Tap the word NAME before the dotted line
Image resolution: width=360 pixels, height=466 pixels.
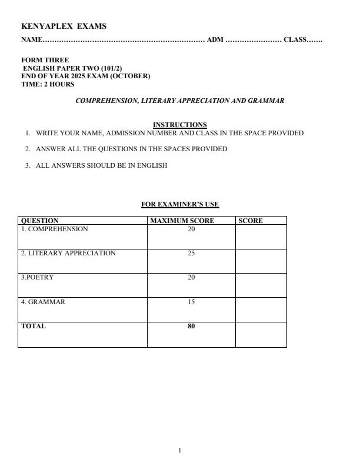[32, 39]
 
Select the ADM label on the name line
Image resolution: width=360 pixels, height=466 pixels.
[215, 39]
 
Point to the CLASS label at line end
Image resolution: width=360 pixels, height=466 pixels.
[295, 39]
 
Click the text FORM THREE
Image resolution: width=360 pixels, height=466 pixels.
[45, 60]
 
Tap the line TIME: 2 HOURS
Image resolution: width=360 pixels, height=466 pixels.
[48, 84]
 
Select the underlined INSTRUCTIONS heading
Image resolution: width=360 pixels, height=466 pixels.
[179, 125]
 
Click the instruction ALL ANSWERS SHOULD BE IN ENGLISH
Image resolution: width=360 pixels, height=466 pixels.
[101, 165]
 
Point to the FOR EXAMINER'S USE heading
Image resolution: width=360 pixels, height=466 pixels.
[179, 204]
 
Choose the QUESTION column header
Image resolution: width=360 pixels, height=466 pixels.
[39, 221]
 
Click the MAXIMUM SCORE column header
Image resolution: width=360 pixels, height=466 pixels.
[182, 221]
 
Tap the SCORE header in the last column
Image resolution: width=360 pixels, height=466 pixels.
[251, 221]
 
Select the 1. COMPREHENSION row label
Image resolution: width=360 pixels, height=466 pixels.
[54, 229]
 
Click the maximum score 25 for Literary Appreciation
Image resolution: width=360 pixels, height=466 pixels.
[191, 253]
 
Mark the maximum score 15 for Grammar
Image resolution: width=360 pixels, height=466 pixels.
[191, 302]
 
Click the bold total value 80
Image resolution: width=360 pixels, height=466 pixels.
[191, 326]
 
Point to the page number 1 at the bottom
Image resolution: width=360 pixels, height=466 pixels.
[179, 450]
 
